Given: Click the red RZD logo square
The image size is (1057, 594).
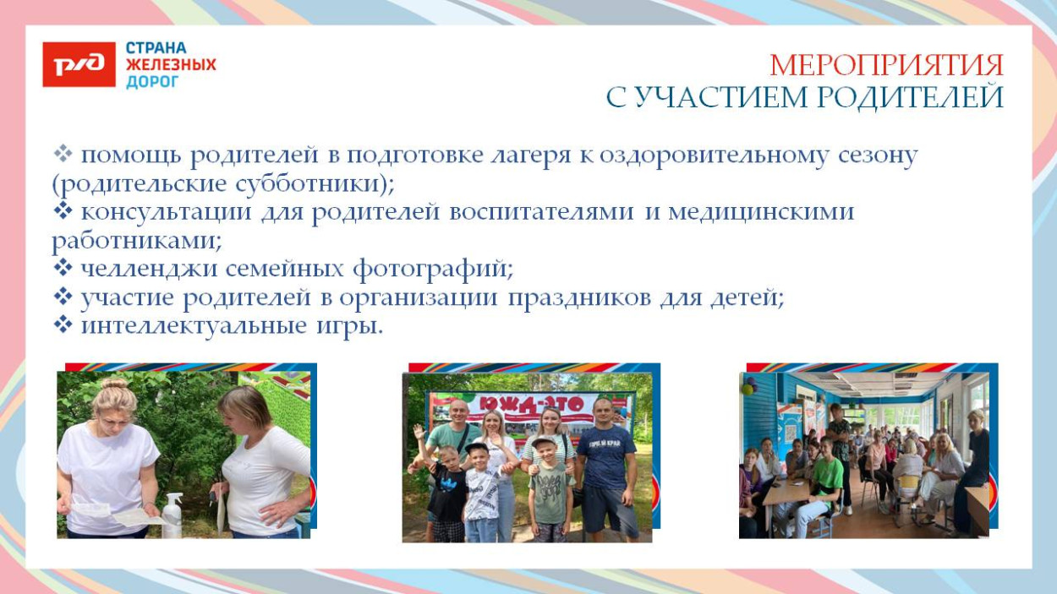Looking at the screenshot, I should click(x=79, y=65).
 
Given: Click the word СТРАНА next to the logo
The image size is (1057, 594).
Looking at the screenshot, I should click(x=156, y=48).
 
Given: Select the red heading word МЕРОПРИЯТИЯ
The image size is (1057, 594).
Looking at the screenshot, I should click(x=886, y=66).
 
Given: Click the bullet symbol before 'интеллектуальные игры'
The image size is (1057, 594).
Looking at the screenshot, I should click(x=63, y=325).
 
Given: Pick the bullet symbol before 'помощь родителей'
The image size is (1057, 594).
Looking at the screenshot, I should click(x=63, y=155).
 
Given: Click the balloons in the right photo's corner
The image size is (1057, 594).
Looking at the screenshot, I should click(x=747, y=385).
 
